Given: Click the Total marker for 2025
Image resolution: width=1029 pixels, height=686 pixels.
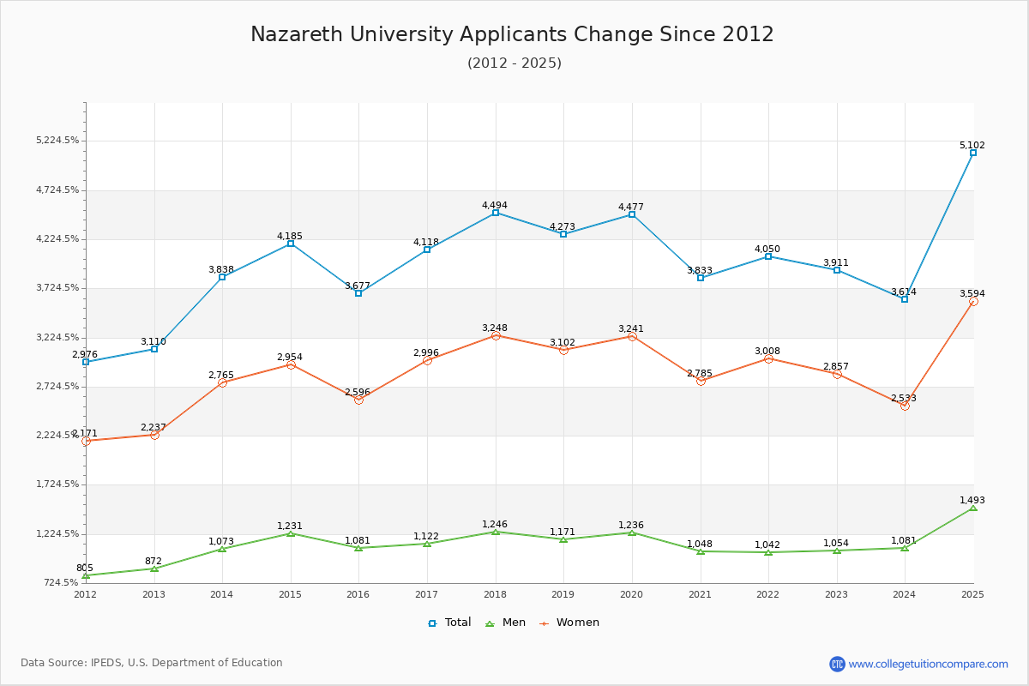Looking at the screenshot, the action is click(973, 153).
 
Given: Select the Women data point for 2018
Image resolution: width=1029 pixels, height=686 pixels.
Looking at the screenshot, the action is click(496, 336).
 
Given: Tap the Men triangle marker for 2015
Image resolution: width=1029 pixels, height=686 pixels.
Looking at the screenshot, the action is click(291, 533).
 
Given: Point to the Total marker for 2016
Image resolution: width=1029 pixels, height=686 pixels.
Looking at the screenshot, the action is click(358, 293).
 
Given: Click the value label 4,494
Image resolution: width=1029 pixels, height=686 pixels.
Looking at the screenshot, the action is click(494, 205).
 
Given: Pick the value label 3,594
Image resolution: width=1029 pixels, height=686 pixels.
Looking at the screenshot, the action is click(972, 293).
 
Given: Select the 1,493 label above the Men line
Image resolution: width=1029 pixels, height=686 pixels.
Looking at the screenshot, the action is click(972, 500).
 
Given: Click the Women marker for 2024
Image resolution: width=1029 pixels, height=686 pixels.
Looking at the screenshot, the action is click(905, 406).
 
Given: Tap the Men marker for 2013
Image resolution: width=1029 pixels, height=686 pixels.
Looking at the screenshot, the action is click(154, 569).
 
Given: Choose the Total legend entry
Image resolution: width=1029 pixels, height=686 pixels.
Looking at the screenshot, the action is click(449, 623).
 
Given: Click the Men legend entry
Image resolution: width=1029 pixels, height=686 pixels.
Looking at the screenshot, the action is click(505, 623).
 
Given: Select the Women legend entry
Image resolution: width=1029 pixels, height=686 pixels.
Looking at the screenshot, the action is click(569, 623).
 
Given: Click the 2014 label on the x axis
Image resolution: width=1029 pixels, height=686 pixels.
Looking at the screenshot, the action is click(222, 594).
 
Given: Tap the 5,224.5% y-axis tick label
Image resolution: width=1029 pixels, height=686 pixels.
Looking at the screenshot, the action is click(57, 140).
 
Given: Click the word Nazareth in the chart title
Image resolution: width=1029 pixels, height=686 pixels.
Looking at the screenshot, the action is click(297, 34).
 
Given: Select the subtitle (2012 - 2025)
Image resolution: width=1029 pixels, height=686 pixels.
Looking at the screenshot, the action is click(514, 63).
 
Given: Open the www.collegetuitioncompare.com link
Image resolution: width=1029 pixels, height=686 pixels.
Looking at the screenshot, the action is click(928, 664).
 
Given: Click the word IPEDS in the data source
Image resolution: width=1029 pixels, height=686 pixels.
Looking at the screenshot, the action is click(105, 663).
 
